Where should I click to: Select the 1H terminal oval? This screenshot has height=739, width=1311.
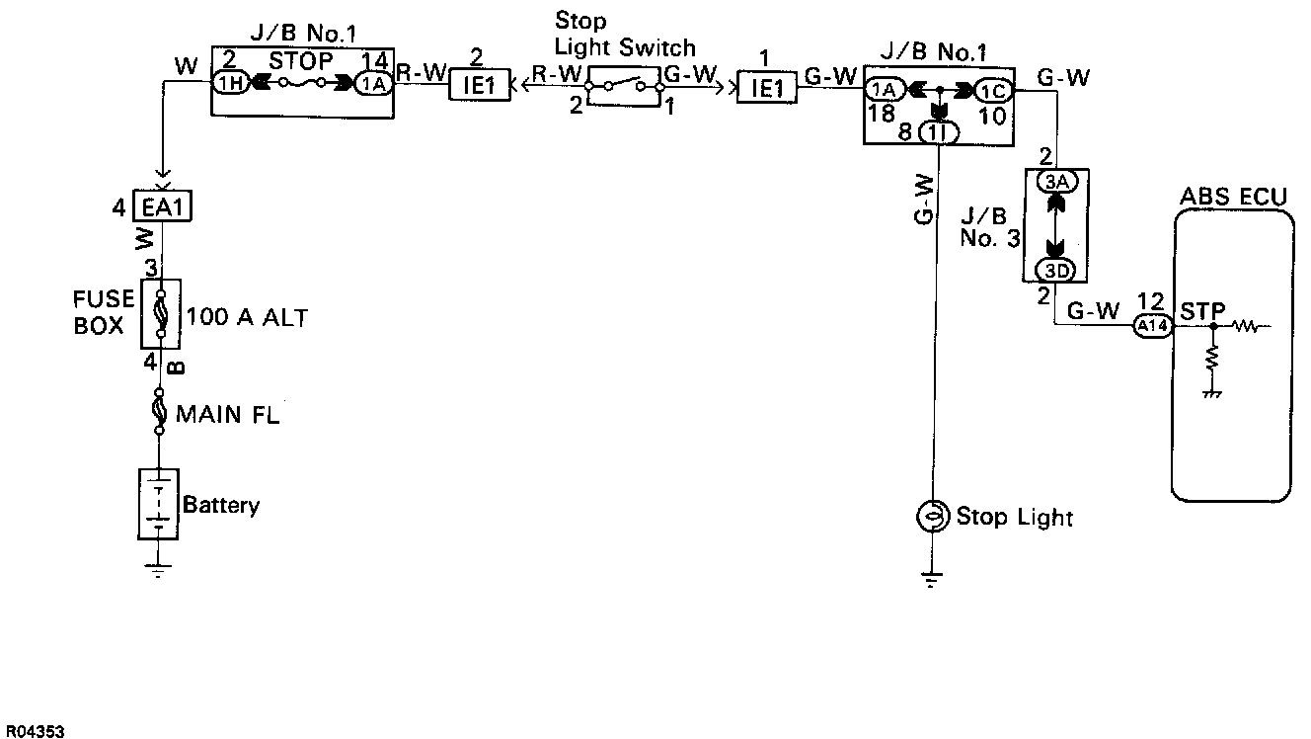click(230, 84)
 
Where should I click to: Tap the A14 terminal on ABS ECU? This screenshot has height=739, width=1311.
click(1151, 325)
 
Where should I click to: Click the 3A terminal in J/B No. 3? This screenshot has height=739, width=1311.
click(1055, 182)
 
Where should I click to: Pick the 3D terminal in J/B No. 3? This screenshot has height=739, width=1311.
click(1055, 270)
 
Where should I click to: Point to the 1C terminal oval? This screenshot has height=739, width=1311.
click(992, 91)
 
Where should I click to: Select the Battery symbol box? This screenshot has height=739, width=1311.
click(158, 504)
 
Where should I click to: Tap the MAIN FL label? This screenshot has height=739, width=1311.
click(227, 414)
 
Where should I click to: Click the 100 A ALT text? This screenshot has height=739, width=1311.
click(247, 318)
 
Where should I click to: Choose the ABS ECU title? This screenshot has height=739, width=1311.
click(1233, 197)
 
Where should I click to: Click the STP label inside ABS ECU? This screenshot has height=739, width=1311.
click(1202, 311)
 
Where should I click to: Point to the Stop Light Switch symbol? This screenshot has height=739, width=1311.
click(623, 86)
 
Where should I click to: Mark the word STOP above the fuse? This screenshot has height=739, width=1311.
click(301, 61)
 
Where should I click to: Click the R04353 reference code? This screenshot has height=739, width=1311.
click(33, 731)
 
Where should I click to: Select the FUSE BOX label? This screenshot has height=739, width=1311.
click(99, 311)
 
